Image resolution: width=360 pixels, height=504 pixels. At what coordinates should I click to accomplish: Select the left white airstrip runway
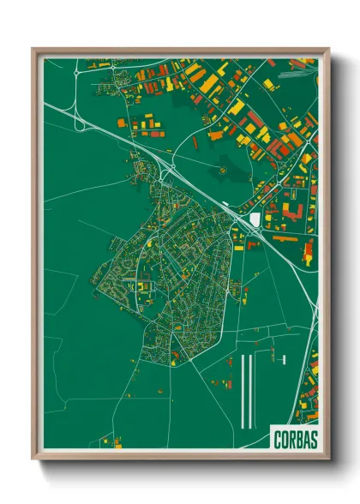243,390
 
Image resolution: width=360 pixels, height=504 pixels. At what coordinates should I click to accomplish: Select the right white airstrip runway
251,390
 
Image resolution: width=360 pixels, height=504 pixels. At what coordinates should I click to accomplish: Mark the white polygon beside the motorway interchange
255,221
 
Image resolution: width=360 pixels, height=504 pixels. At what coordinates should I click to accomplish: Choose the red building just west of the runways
230,362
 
